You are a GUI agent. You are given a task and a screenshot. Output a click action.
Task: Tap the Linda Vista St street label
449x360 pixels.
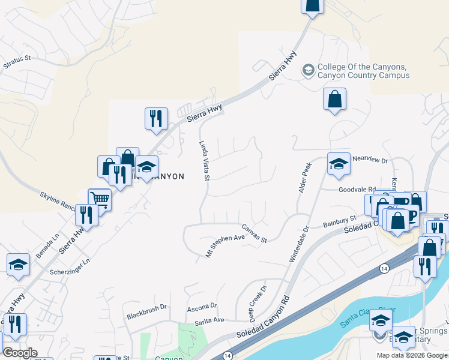coord(204,161)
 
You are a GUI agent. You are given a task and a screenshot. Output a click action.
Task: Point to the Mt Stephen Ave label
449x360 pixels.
coord(225,245)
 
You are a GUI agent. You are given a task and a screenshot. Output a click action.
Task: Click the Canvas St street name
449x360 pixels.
coord(254,233)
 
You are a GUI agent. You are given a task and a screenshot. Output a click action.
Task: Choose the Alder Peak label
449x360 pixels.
coord(304,178)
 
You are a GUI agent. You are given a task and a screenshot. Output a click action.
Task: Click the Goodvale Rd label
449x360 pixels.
coord(357,188)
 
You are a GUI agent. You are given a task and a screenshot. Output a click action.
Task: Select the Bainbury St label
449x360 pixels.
coord(340,223)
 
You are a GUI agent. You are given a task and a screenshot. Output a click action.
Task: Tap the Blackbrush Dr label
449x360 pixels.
coord(146,316)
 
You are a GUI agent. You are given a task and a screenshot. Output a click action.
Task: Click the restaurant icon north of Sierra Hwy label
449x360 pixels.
coord(156,118)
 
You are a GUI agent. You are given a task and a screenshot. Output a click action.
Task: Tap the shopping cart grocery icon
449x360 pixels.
coord(100,199)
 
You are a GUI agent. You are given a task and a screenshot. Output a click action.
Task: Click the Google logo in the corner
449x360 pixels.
coord(20,353)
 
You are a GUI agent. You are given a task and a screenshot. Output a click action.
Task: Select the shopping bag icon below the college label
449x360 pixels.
coord(334,99)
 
